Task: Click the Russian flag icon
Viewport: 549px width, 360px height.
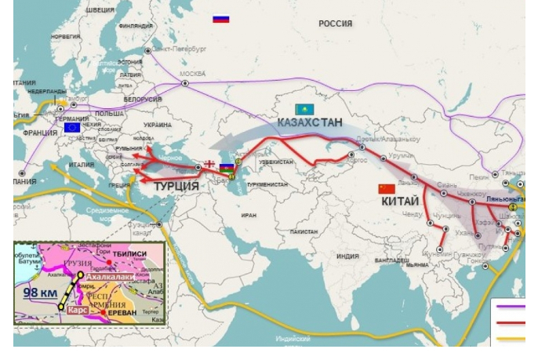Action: pos(221,18)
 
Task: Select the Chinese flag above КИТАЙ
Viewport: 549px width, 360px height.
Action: pos(387,190)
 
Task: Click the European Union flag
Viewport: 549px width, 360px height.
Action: pos(72,126)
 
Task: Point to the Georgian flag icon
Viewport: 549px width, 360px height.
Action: pos(209,163)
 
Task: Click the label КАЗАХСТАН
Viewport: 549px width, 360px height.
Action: pos(310,123)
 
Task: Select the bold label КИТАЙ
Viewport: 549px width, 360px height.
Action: pos(400,202)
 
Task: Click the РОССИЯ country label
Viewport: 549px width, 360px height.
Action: pos(335,24)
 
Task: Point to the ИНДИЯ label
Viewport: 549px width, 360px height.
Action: pos(347,256)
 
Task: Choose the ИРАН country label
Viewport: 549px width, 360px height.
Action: pos(249,214)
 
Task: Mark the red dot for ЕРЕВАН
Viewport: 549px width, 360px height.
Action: pos(103,312)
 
